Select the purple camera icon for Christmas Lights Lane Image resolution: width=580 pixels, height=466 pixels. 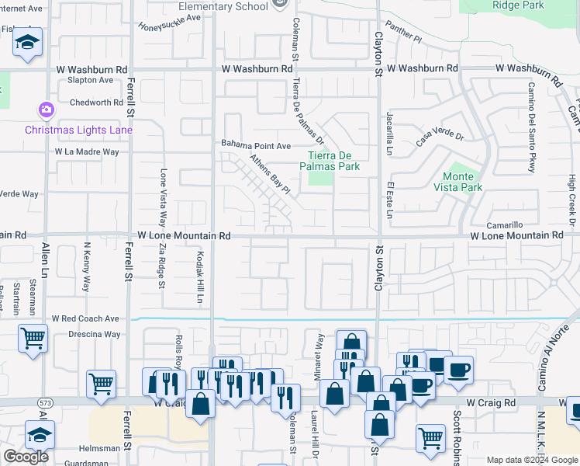pyautogui.click(x=47, y=110)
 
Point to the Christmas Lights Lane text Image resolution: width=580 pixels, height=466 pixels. pyautogui.click(x=78, y=130)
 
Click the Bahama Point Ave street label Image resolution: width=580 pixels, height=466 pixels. pyautogui.click(x=256, y=145)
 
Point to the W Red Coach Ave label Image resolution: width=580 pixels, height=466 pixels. pyautogui.click(x=85, y=318)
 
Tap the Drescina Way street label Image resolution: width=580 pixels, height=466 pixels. pyautogui.click(x=93, y=335)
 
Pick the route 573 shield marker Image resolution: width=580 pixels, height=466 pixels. pyautogui.click(x=45, y=403)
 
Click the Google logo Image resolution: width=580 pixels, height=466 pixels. pyautogui.click(x=26, y=457)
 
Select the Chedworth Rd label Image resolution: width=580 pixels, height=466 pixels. pyautogui.click(x=96, y=102)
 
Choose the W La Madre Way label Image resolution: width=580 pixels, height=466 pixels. pyautogui.click(x=87, y=151)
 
